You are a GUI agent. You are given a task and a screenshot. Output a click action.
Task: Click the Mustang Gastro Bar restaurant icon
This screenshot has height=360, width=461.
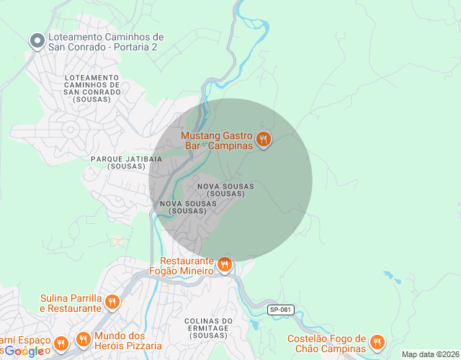[x=264, y=140]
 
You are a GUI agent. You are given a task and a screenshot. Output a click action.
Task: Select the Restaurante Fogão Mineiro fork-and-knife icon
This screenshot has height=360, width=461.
[x=225, y=265]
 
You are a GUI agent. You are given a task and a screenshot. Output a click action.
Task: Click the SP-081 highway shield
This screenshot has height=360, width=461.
[x=281, y=310]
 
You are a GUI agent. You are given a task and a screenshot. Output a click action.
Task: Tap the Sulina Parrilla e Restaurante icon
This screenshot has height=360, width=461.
[x=112, y=302]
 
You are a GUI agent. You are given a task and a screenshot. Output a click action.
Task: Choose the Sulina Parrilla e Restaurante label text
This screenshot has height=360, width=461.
[x=70, y=303]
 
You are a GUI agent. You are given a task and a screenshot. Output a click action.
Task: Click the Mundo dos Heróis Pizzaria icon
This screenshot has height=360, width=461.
[x=83, y=339]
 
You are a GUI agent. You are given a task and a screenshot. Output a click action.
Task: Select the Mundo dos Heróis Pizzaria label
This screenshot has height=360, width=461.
[x=120, y=341]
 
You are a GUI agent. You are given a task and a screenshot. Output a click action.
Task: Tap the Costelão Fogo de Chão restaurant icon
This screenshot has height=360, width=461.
[x=377, y=342]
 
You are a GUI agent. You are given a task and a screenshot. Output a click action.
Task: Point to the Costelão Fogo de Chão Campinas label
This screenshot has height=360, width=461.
[x=326, y=343]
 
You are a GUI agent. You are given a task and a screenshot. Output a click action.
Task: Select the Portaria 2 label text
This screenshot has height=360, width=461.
[x=105, y=42]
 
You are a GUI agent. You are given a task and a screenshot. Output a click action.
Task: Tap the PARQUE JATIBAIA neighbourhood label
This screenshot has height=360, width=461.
[x=118, y=161]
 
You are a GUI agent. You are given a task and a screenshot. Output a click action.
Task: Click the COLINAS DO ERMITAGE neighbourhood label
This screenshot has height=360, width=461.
[x=207, y=328]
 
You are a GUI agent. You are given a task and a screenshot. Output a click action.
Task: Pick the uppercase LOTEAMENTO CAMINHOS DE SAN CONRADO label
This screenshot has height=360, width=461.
[x=91, y=88]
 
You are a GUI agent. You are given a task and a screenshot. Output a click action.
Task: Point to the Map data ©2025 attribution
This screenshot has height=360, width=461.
[x=430, y=354]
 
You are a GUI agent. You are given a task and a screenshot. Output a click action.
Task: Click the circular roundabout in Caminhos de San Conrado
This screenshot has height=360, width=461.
[x=71, y=130]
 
